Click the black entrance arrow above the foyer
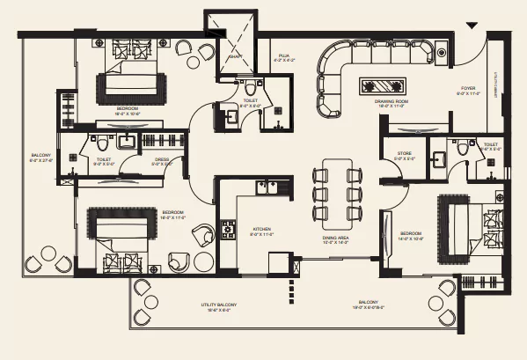(x=472, y=27)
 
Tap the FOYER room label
(x=470, y=89)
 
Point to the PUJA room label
(x=284, y=55)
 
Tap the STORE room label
(x=404, y=153)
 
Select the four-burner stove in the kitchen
(x=228, y=231)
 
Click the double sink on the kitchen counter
(x=267, y=187)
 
